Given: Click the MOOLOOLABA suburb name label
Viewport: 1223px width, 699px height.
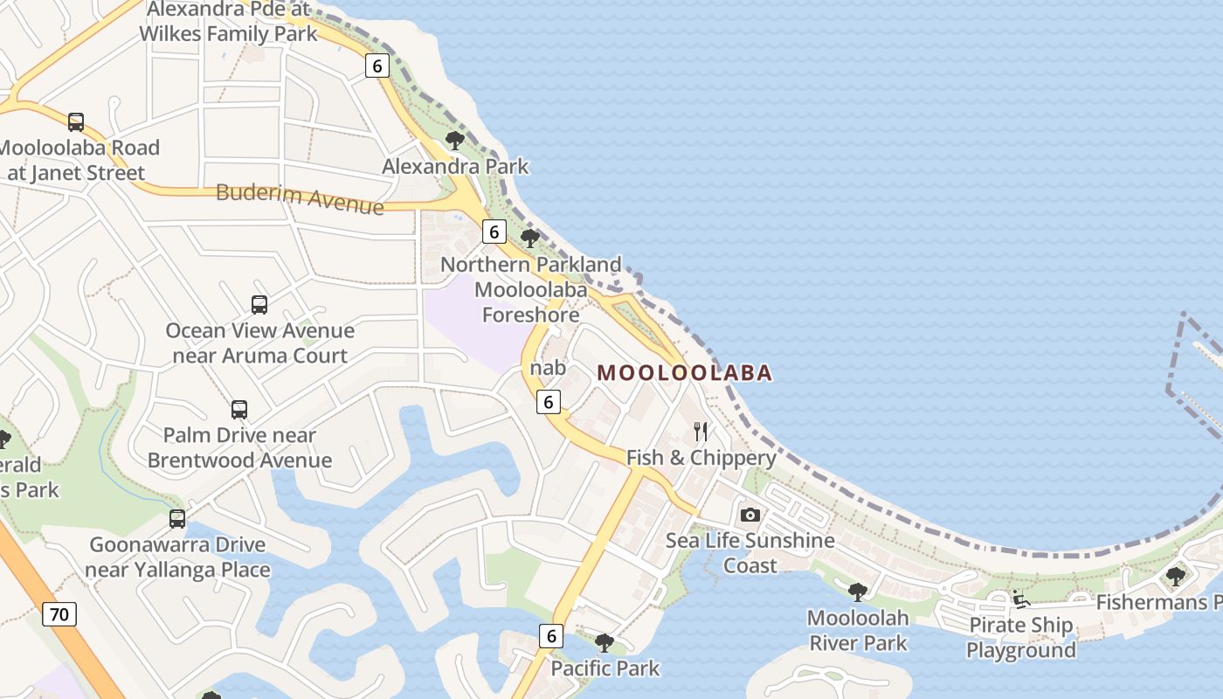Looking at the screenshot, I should click(685, 373).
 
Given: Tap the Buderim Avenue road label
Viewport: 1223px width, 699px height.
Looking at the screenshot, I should click(300, 198).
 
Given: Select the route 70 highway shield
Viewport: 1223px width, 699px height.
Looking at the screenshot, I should click(59, 614).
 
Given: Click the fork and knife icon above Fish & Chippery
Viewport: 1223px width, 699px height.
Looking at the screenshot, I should click(701, 431).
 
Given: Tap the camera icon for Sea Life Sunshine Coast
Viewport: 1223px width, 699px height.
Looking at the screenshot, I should click(750, 515).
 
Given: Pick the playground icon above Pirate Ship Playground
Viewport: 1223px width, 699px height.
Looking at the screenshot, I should click(1020, 599).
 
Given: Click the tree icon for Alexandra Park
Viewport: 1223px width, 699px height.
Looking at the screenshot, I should click(454, 140).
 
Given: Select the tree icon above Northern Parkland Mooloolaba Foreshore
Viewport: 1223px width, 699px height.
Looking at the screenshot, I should click(530, 238).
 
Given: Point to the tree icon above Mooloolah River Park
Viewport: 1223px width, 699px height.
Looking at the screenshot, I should click(858, 592).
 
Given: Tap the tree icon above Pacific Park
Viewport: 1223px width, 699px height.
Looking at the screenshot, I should click(604, 643).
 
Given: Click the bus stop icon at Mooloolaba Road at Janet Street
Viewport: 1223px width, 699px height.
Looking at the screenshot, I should click(76, 122).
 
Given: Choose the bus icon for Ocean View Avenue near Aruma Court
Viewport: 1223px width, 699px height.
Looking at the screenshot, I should click(259, 304).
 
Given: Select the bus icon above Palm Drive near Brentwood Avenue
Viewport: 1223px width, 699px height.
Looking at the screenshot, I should click(238, 409).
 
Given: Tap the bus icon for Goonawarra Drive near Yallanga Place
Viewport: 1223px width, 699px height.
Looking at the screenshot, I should click(177, 519).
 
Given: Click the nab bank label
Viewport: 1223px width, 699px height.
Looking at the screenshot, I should click(548, 368).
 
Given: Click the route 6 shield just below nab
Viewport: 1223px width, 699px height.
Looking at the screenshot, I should click(548, 402).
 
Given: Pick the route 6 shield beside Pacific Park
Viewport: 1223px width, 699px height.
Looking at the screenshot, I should click(550, 636).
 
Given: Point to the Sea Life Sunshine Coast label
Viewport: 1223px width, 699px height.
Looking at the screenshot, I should click(750, 553).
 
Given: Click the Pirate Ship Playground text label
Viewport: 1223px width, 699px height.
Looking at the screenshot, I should click(1020, 638).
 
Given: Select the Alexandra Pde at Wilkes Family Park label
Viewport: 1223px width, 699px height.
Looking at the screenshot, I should click(229, 22).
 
